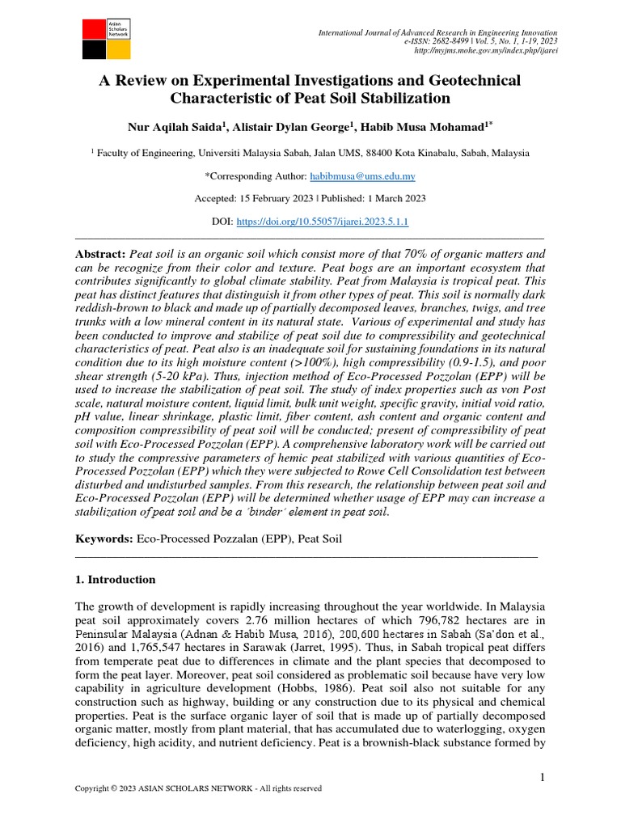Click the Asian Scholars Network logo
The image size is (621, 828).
[107, 38]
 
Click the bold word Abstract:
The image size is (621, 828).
[101, 254]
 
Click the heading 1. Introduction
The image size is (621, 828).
[115, 580]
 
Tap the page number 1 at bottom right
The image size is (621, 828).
[543, 777]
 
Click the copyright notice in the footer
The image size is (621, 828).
[198, 788]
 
